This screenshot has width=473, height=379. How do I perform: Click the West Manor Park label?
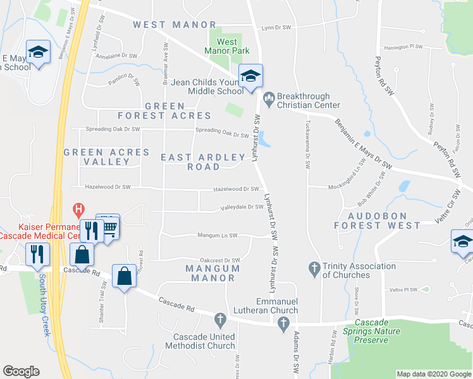point(228,46)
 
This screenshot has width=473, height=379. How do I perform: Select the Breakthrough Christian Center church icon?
point(268,97)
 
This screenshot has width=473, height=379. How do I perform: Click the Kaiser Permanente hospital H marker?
point(78,208)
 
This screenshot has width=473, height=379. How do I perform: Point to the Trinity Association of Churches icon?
point(314,268)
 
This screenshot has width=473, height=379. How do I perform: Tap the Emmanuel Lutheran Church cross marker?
point(283,323)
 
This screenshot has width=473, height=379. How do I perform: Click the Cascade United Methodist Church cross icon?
point(220,319)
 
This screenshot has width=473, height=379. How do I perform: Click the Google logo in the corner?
point(21,371)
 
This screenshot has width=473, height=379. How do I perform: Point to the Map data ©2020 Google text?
point(433,374)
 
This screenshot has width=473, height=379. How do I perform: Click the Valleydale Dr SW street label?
point(241,207)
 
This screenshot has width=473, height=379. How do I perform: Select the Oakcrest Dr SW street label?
point(219,260)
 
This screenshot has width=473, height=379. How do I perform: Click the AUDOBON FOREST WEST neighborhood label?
point(377,220)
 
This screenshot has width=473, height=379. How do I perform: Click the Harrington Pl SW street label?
point(403,47)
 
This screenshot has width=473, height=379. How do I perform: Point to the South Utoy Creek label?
point(44,304)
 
